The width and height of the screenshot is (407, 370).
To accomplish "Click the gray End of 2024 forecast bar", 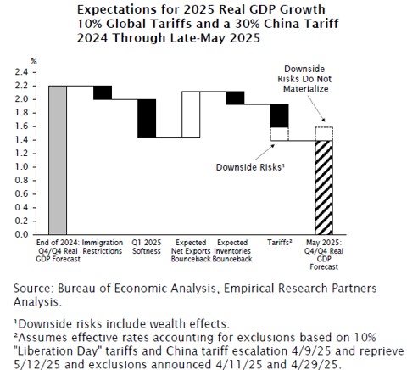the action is (58, 160).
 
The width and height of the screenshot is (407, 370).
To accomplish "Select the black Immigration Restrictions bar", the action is (103, 92).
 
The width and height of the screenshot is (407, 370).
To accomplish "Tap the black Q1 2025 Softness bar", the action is (147, 119).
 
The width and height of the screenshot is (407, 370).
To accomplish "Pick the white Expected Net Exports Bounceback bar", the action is (191, 115).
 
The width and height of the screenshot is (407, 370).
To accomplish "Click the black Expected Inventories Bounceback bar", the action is (235, 98).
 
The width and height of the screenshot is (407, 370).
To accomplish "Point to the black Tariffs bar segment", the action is (279, 115).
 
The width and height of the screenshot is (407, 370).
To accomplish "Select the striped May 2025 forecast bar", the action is (324, 188).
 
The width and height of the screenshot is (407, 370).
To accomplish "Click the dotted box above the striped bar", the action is (324, 134).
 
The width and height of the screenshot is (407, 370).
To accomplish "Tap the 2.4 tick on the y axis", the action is (21, 72).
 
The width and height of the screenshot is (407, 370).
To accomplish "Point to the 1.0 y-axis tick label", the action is (21, 167).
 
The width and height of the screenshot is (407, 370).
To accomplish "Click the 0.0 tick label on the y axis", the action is (21, 234).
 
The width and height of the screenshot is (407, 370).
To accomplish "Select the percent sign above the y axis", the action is (34, 61).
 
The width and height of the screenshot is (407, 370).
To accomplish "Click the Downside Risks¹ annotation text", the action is (250, 167).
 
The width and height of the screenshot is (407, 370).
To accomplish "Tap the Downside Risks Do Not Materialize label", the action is (304, 79).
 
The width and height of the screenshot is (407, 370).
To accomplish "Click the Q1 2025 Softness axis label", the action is (147, 247).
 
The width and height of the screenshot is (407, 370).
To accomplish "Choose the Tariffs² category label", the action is (280, 243).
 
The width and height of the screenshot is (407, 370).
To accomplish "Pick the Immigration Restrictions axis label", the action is (103, 247).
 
